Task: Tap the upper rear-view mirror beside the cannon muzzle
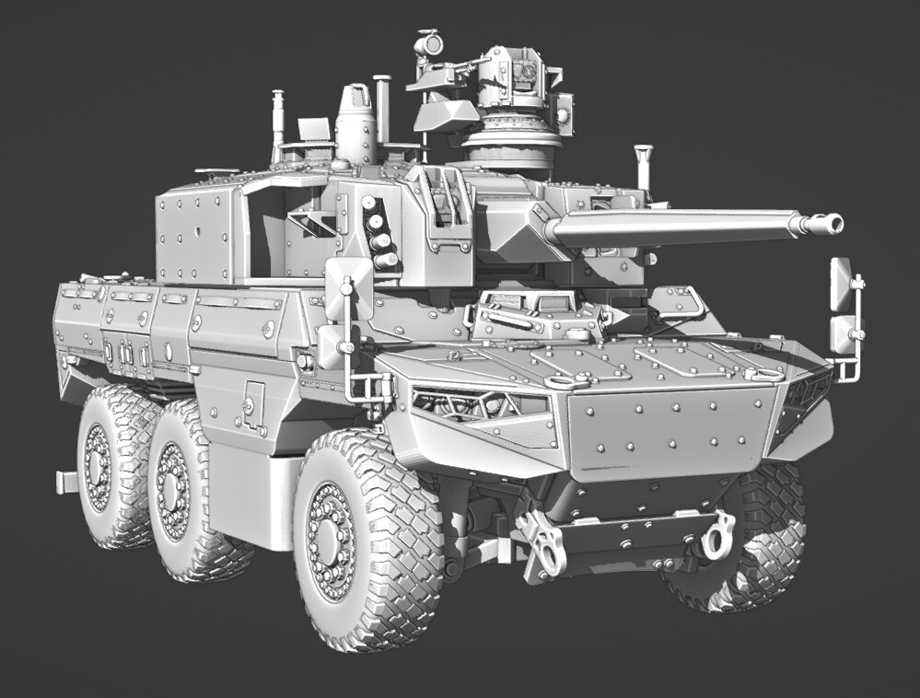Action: (x=840, y=283)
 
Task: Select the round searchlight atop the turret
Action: (x=428, y=43)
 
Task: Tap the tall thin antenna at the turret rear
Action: (x=277, y=123)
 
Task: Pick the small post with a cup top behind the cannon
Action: (x=643, y=167)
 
